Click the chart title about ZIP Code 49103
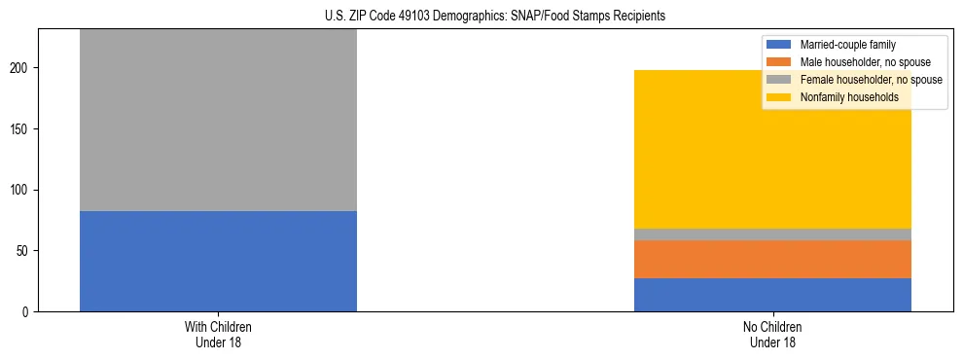(495, 16)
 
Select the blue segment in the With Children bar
(218, 261)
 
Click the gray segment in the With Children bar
(218, 120)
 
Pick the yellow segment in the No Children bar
(772, 149)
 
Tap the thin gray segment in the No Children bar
(772, 234)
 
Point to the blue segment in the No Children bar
(772, 295)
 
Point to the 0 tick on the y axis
(27, 311)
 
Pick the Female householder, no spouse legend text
(871, 80)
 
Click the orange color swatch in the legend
(779, 62)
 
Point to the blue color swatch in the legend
(779, 45)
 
